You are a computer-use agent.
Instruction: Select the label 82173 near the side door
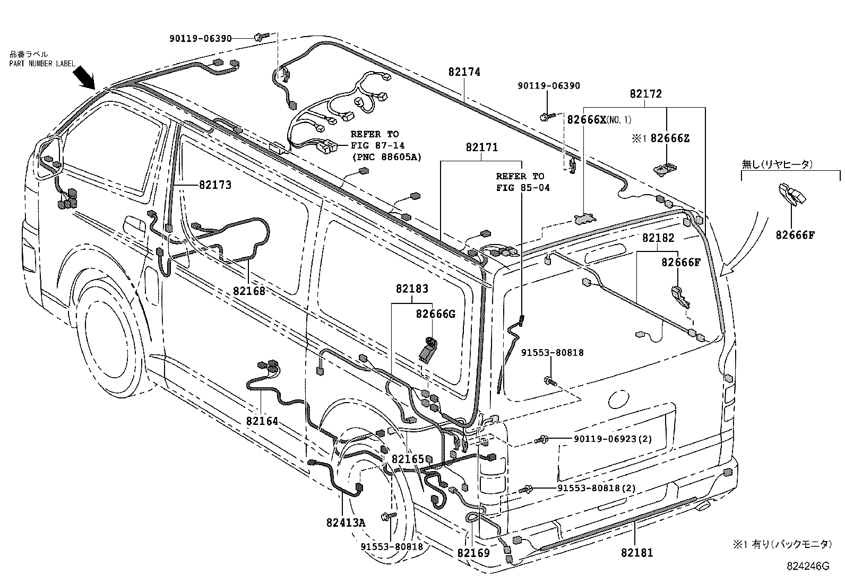point(215,185)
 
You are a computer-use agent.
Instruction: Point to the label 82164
point(262,421)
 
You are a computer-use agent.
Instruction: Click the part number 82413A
point(346,523)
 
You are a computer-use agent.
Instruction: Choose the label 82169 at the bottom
point(473,553)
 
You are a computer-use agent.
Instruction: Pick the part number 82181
point(637,553)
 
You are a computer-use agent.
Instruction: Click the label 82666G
point(435,314)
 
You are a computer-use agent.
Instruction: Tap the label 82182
point(658,238)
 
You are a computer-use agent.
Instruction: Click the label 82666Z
point(670,138)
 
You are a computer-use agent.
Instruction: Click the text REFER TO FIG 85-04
point(523,181)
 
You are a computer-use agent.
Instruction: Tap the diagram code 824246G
point(807,567)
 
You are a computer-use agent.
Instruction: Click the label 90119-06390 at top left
point(201,38)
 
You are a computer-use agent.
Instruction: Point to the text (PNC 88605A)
point(386,157)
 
